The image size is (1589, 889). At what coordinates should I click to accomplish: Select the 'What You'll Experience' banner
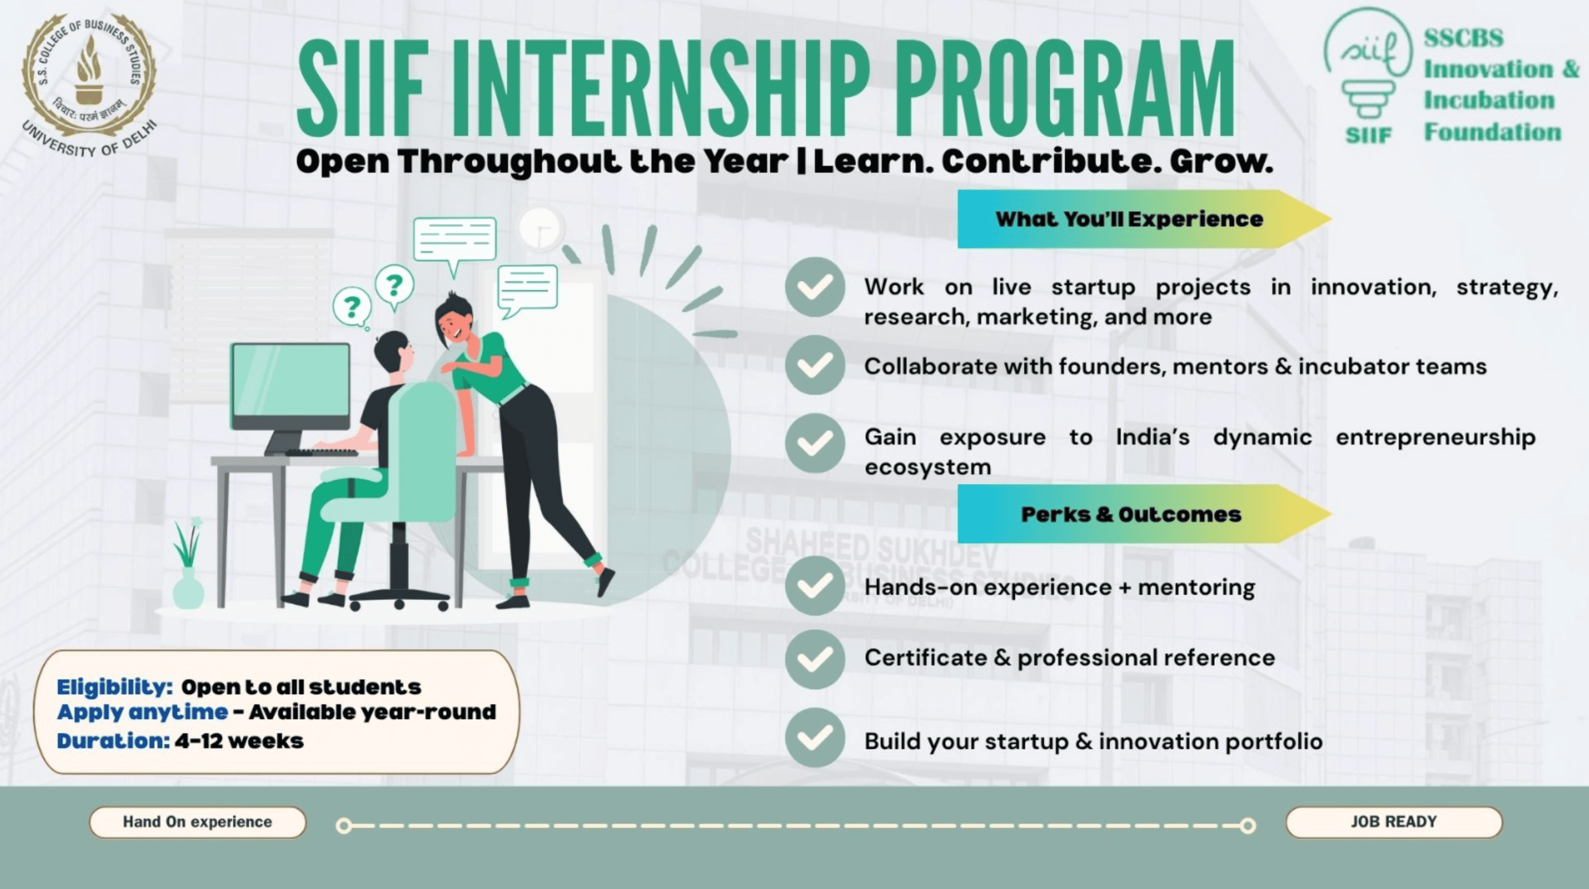coord(1129,219)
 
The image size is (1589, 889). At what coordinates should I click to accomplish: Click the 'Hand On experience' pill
coord(197,822)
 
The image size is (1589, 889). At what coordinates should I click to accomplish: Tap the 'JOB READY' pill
coord(1393,822)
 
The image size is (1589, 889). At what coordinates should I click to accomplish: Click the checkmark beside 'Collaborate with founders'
coord(815,365)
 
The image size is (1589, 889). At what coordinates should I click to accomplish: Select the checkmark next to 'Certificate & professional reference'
coord(815,659)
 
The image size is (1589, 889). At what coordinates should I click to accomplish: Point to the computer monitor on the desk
coord(290,382)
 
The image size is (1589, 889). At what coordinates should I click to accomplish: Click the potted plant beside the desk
coord(188,567)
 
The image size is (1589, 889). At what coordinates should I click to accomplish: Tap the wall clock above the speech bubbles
coord(541,228)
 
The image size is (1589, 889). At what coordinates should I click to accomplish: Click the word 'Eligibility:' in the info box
coord(114,687)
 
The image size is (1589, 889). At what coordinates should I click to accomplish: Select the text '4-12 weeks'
coord(239,741)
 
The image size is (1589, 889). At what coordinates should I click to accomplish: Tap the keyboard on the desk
coord(321,453)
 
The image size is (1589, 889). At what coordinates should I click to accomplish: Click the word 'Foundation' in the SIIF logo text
coord(1493,132)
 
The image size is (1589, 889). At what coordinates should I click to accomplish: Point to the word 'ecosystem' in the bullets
coord(927,467)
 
